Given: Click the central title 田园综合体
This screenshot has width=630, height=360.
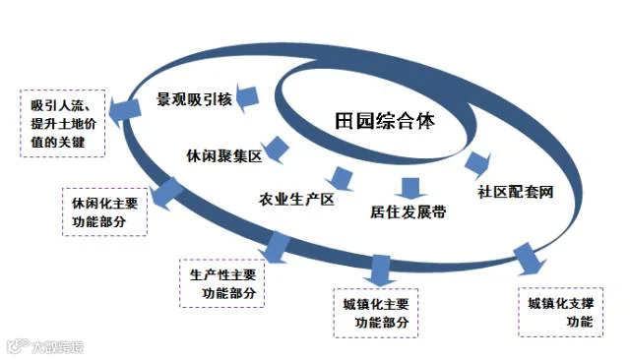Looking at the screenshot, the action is click(385, 121).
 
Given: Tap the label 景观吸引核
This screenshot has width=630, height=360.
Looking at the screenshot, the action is click(195, 99).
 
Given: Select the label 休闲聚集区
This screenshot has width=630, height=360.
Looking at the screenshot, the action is click(224, 155).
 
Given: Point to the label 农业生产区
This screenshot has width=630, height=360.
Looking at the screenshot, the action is click(296, 200).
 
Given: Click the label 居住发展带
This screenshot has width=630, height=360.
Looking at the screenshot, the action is click(409, 211).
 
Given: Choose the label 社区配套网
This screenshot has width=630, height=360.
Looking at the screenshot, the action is click(516, 192).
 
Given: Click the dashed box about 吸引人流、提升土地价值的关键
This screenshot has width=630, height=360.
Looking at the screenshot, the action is click(63, 123).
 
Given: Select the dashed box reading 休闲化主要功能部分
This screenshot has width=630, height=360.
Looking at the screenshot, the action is click(105, 211).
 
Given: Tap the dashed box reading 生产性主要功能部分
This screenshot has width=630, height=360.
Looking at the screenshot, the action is click(222, 283).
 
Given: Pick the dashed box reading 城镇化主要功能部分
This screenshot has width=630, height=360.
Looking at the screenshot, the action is click(376, 313).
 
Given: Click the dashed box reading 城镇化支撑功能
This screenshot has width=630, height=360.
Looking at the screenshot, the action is click(560, 312).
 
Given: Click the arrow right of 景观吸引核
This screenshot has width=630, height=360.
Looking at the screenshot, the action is click(246, 98).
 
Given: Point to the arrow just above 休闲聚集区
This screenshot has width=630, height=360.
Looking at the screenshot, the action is click(276, 150).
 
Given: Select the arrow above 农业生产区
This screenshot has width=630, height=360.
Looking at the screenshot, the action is click(342, 179).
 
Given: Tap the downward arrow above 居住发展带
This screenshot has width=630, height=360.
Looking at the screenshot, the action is click(410, 188).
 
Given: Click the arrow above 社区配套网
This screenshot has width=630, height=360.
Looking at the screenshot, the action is click(477, 163).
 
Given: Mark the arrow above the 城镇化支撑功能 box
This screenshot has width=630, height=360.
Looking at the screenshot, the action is click(529, 260).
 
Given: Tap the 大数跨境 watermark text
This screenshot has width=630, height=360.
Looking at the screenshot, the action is click(58, 347).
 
